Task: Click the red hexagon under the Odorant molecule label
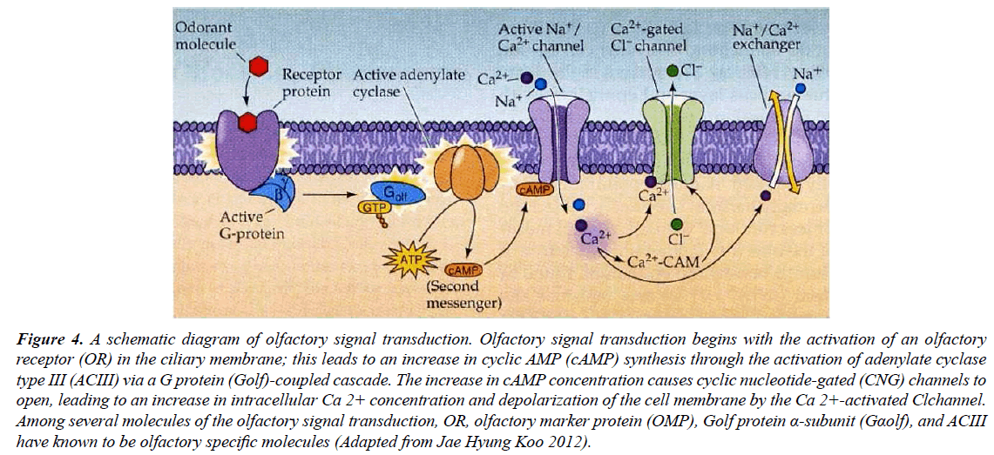[259, 65]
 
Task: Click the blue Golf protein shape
[398, 192]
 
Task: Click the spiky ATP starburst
[404, 258]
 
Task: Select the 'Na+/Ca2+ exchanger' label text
[767, 37]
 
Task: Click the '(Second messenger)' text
[470, 294]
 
